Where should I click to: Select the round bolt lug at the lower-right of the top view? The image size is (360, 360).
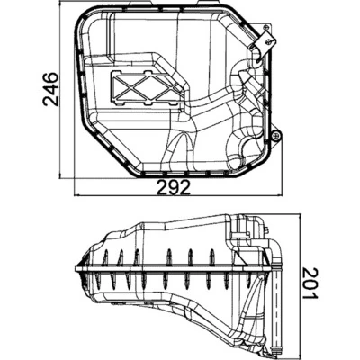tap(276, 137)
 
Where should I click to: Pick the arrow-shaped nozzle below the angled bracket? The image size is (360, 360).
tap(253, 78)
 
